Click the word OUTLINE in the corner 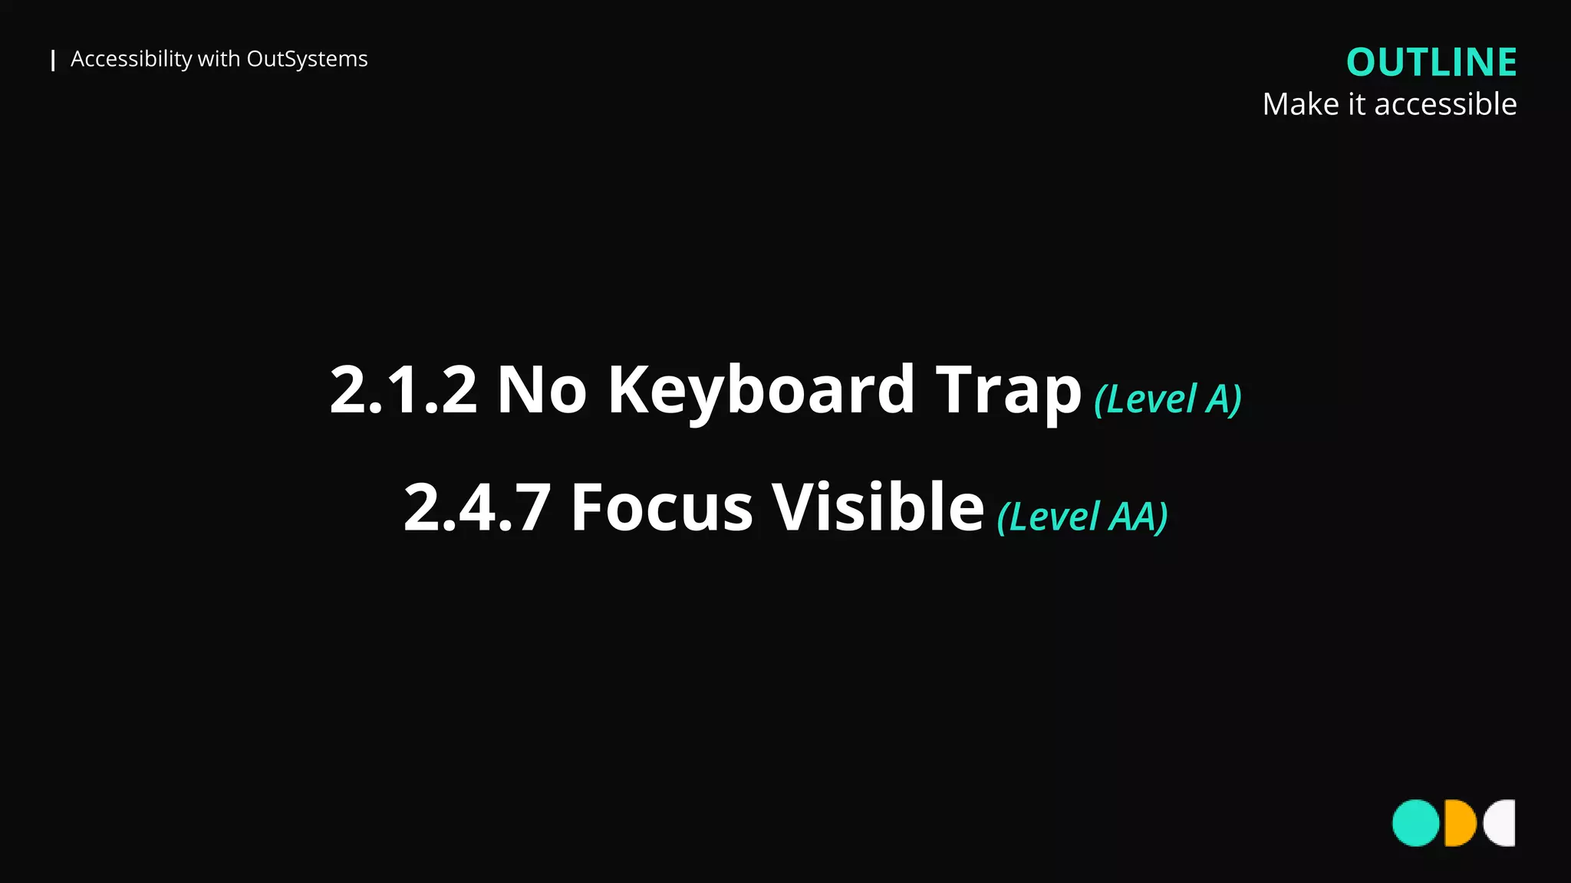pos(1431,62)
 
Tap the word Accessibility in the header pos(131,59)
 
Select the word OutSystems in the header pos(307,59)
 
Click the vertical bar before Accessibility pos(53,61)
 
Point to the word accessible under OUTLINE pos(1445,104)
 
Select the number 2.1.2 pos(403,390)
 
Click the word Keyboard pos(761,390)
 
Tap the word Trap pos(1008,390)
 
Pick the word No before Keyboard pos(542,390)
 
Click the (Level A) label pos(1168,399)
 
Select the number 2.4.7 pos(477,507)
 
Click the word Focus pos(662,507)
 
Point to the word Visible pos(878,507)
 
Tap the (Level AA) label pos(1082,517)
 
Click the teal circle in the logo pos(1415,823)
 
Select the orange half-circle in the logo pos(1458,823)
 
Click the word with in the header pos(219,59)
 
